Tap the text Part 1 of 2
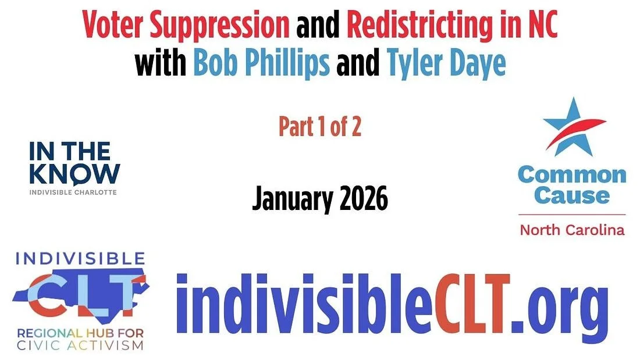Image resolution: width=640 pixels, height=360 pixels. [319, 127]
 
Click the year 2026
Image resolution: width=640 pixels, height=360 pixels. [360, 199]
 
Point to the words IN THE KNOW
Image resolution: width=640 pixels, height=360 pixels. [74, 163]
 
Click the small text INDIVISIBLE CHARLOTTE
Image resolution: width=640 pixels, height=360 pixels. [73, 192]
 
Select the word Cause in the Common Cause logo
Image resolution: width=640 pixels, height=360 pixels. [571, 195]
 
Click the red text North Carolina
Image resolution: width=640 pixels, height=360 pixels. [571, 230]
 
